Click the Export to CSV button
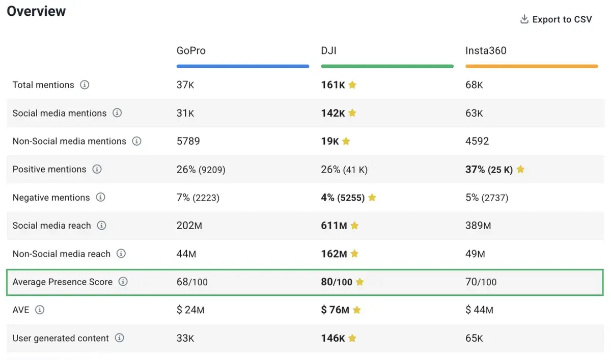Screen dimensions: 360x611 (556, 20)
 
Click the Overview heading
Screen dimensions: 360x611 (36, 11)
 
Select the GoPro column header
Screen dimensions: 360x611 (191, 51)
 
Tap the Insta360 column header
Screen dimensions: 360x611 (486, 51)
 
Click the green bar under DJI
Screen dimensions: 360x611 (387, 66)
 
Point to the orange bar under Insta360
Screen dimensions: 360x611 (531, 66)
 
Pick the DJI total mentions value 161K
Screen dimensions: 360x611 (333, 85)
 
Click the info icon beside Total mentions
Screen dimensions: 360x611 (85, 85)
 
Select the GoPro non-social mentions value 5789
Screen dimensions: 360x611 (188, 141)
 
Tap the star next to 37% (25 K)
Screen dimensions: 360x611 (520, 170)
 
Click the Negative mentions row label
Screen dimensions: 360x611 (51, 198)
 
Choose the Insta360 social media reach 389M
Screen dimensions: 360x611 (478, 226)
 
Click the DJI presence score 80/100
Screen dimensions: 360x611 (337, 282)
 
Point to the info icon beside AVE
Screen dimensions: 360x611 (40, 310)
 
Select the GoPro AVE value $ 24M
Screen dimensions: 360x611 (190, 310)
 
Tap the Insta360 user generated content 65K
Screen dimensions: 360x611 (474, 338)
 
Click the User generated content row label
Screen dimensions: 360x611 (61, 338)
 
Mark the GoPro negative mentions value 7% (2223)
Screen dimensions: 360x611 (198, 198)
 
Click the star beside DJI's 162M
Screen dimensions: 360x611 (354, 254)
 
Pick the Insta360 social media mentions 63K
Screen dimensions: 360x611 (474, 113)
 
